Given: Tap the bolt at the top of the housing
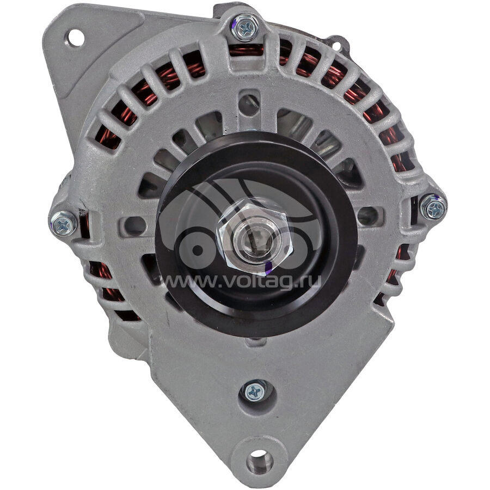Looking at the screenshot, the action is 246,28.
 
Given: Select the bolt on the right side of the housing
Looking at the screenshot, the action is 433,207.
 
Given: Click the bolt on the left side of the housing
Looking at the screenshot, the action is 64,223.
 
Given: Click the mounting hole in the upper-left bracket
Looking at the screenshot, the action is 75,38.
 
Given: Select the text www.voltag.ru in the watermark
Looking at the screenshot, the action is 242,281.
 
